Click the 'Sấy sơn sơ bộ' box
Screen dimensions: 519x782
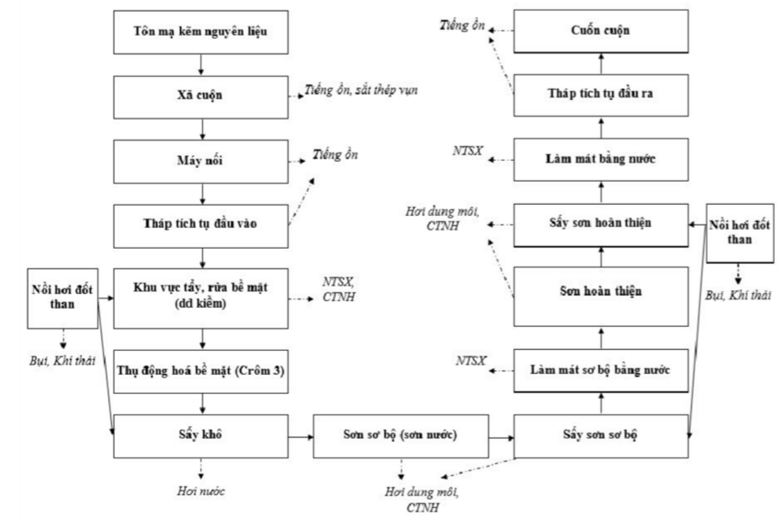coord(599,431)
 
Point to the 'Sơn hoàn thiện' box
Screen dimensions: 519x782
coord(599,293)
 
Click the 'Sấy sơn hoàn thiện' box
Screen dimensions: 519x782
coord(599,223)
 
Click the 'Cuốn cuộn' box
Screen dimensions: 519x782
coord(599,31)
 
